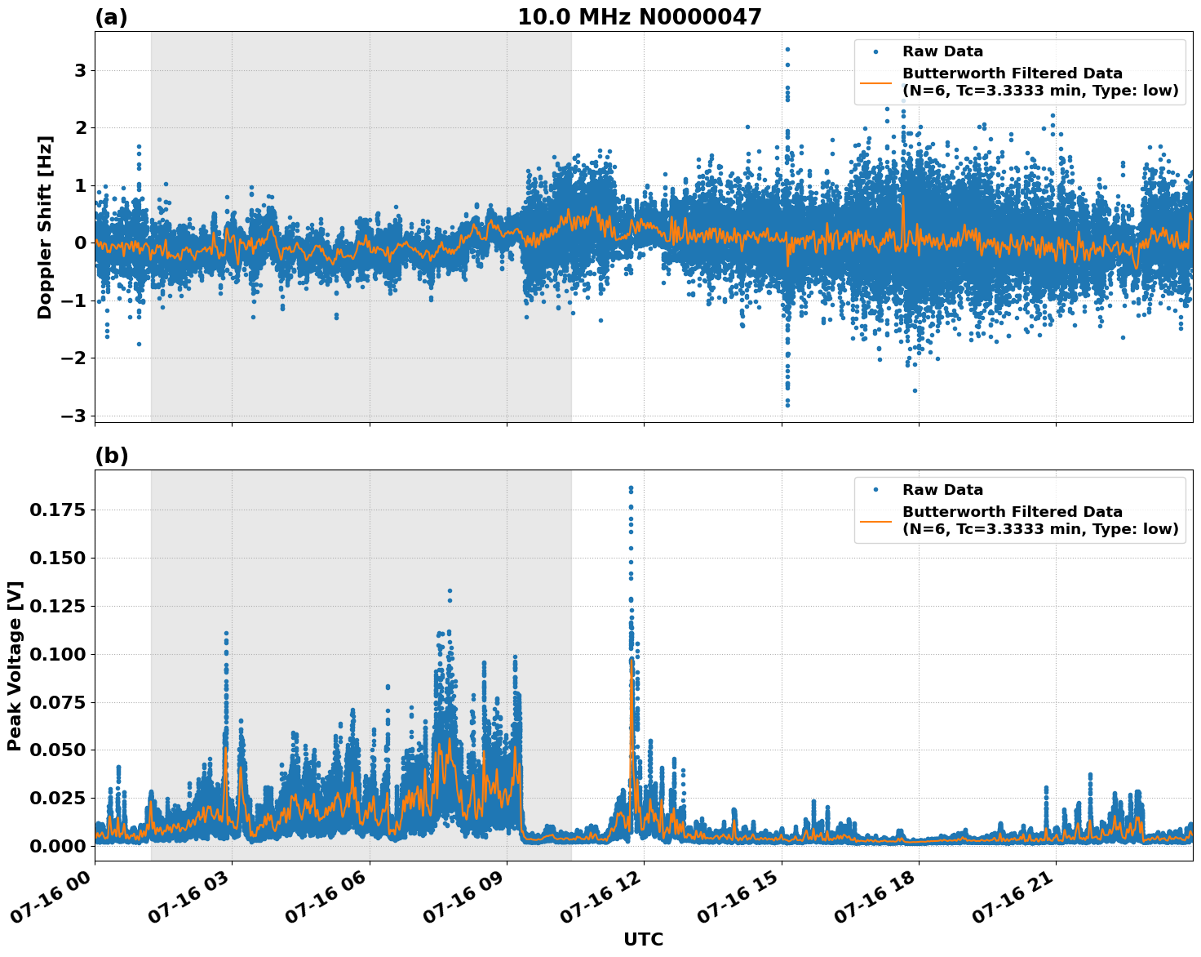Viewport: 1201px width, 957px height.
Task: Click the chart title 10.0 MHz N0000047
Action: pos(639,17)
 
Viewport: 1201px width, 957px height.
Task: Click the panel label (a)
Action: pos(111,17)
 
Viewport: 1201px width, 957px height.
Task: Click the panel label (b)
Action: pos(111,456)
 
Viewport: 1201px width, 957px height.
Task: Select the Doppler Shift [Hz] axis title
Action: pos(45,227)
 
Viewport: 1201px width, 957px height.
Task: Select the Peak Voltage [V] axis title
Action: pos(14,665)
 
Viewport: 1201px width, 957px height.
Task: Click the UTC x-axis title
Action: pos(643,939)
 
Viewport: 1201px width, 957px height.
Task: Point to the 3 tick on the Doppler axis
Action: pos(80,71)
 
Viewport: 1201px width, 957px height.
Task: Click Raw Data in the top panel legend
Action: pos(942,51)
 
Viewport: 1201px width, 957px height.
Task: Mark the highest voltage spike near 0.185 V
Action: pos(631,488)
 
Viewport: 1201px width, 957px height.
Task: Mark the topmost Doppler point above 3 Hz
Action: pos(787,49)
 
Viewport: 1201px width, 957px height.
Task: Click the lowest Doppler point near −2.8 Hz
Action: pos(787,404)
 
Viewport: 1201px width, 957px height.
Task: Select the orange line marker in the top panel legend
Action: pos(875,82)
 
